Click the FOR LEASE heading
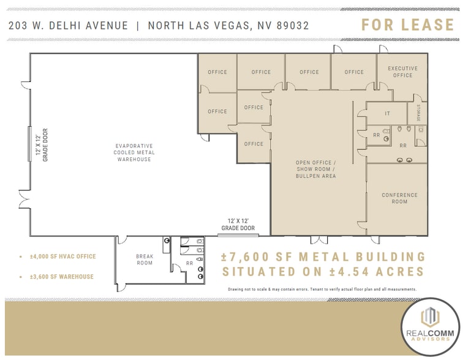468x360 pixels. (x=408, y=24)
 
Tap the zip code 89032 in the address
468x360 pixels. (x=293, y=26)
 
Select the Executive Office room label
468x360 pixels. (x=402, y=72)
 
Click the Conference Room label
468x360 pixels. (x=399, y=198)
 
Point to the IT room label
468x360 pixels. (x=387, y=113)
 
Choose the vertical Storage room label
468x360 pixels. (x=418, y=113)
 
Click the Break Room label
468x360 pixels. (x=145, y=260)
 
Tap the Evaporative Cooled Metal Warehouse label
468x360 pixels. (x=134, y=152)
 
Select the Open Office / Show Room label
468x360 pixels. (x=316, y=169)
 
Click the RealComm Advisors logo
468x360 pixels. (x=430, y=327)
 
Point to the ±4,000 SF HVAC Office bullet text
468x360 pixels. (x=63, y=257)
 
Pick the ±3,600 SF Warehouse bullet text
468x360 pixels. (x=62, y=277)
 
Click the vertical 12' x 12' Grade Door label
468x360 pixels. (x=42, y=145)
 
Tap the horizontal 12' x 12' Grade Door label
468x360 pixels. (x=238, y=225)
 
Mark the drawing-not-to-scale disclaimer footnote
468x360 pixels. (x=322, y=290)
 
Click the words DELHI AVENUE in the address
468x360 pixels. (x=88, y=26)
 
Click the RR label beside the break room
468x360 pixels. (x=189, y=263)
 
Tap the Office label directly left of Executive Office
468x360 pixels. (x=354, y=72)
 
